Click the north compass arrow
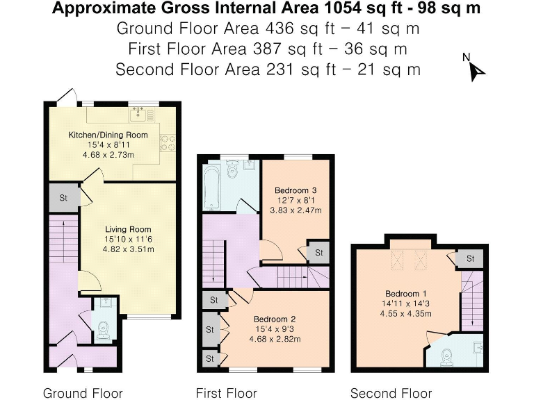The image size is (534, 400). pyautogui.click(x=476, y=69)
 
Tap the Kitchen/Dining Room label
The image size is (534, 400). pyautogui.click(x=108, y=134)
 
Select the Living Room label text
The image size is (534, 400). pyautogui.click(x=128, y=229)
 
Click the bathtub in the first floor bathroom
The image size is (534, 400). pyautogui.click(x=212, y=186)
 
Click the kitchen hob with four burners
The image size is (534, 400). pyautogui.click(x=167, y=142)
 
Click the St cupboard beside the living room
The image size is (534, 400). pyautogui.click(x=63, y=198)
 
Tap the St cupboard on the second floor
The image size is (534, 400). pyautogui.click(x=471, y=258)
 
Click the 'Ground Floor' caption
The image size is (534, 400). pyautogui.click(x=83, y=393)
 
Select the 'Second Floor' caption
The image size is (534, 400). pyautogui.click(x=391, y=393)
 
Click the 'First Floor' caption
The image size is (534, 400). pyautogui.click(x=226, y=393)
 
